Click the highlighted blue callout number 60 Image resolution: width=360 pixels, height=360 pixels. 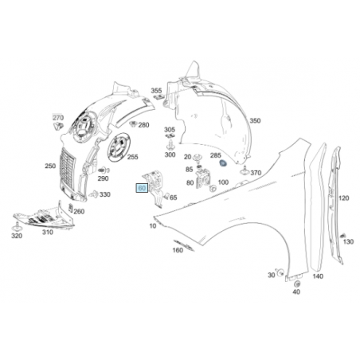click(142, 188)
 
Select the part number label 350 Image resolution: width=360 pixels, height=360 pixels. click(255, 121)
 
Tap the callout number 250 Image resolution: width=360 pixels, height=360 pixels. click(50, 166)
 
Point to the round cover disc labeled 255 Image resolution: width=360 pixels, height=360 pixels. click(119, 147)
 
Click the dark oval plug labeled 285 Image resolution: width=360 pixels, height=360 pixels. click(223, 164)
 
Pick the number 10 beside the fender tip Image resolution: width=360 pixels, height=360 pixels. click(153, 226)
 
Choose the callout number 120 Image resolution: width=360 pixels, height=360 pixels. click(343, 198)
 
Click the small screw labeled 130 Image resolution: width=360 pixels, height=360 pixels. click(342, 236)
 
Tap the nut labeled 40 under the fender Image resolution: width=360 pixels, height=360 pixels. click(297, 284)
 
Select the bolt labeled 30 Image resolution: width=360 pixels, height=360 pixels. click(280, 272)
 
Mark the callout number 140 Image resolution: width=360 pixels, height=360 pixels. click(318, 276)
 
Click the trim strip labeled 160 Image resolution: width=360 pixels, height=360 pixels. click(184, 245)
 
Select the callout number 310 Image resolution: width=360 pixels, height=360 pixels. click(48, 233)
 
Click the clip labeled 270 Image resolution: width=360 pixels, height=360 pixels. click(58, 126)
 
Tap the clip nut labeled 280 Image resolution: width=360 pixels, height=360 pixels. click(133, 123)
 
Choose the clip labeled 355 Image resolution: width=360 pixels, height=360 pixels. click(158, 96)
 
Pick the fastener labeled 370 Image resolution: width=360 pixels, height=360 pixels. click(245, 170)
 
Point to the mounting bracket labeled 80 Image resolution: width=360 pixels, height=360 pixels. click(202, 178)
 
